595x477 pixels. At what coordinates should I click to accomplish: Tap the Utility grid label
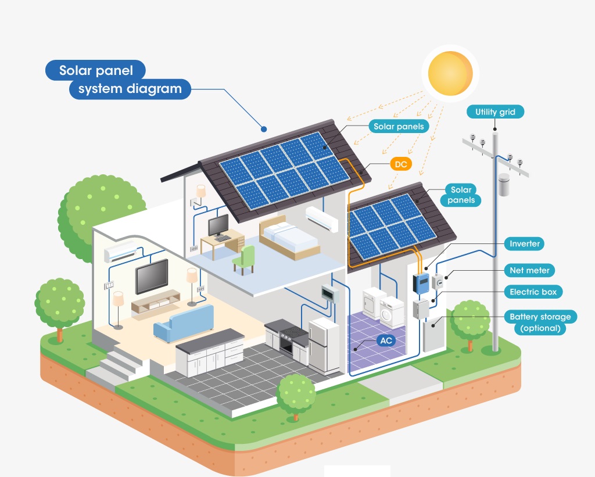coord(495,112)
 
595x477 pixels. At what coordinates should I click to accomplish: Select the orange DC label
coord(401,164)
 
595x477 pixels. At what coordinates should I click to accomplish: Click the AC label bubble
coord(386,340)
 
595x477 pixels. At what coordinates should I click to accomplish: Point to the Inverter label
coord(524,244)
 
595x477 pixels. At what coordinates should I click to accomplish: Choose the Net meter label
coord(529,270)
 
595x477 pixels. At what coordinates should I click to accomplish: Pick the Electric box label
coord(532,292)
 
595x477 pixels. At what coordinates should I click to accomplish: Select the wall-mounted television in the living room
coord(152,277)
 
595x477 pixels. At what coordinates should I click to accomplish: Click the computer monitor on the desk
coord(219,225)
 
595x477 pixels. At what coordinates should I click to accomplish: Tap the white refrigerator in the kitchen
coord(324,345)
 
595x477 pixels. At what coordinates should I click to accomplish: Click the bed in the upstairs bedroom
coord(289,238)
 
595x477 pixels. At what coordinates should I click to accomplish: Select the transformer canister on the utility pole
coord(504,184)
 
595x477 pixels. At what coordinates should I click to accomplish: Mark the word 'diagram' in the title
coord(154,89)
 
